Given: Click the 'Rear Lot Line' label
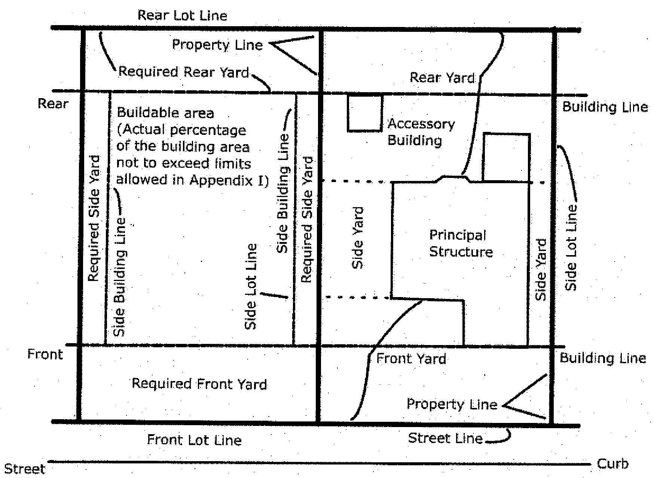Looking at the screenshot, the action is pyautogui.click(x=182, y=16).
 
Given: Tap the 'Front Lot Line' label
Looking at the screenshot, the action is pyautogui.click(x=194, y=440).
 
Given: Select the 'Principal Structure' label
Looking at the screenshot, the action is pyautogui.click(x=460, y=243).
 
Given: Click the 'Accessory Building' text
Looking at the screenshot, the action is pyautogui.click(x=421, y=132).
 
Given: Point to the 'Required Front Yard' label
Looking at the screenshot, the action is pyautogui.click(x=199, y=384).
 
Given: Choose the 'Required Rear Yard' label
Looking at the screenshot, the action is pyautogui.click(x=183, y=72).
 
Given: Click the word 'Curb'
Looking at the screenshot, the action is pyautogui.click(x=612, y=464).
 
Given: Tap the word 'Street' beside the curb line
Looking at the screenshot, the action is pyautogui.click(x=25, y=469).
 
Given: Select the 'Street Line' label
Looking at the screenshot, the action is pyautogui.click(x=445, y=438).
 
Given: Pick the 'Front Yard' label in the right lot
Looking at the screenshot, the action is pyautogui.click(x=411, y=359).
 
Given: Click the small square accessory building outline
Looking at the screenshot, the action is pyautogui.click(x=365, y=113).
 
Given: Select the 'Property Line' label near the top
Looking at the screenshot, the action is pyautogui.click(x=217, y=45).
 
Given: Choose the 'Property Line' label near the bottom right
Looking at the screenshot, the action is pyautogui.click(x=452, y=404).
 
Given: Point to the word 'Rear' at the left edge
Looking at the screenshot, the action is pyautogui.click(x=53, y=104).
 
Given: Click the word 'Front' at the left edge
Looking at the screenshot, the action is pyautogui.click(x=45, y=354).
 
